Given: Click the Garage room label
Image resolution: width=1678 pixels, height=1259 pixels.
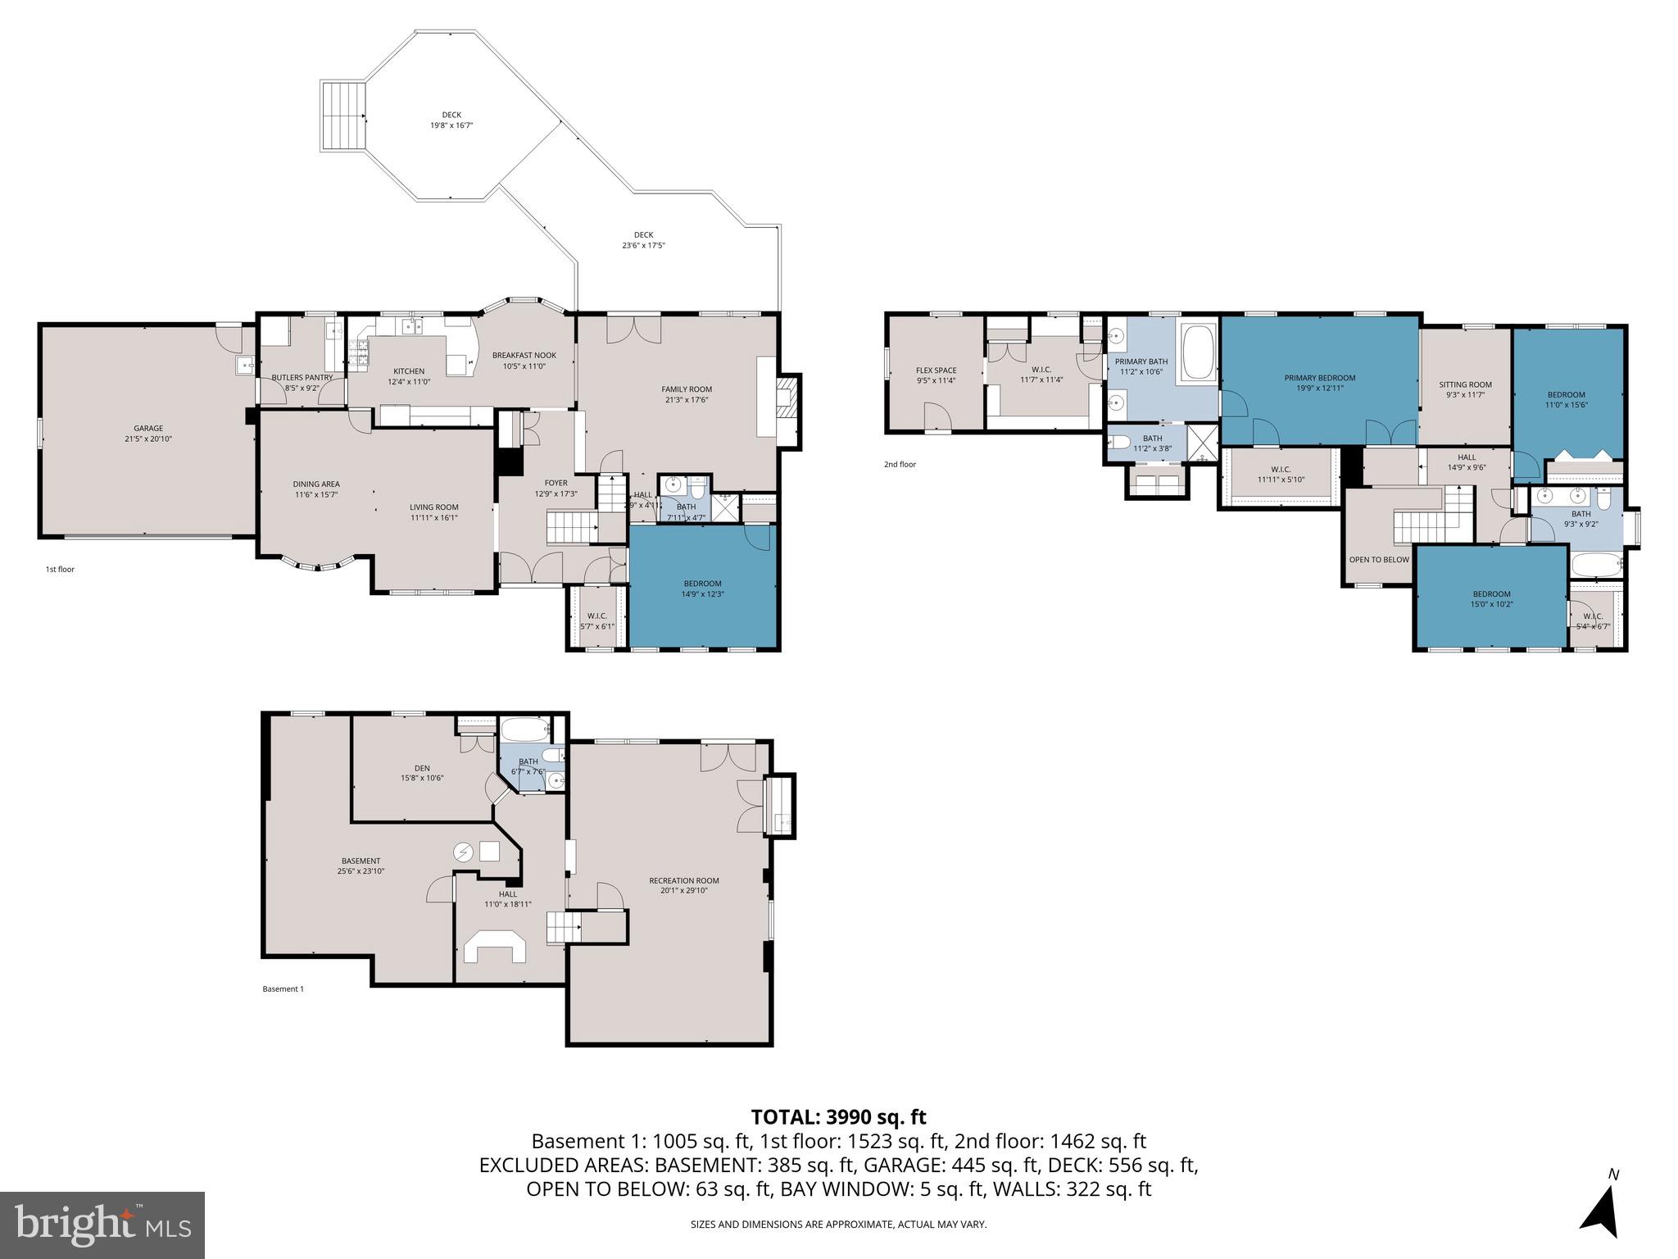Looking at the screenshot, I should point(148,428).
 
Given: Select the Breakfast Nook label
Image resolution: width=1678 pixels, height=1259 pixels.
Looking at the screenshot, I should point(524,355).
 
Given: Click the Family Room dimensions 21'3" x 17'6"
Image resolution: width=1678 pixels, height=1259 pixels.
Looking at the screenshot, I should point(687,400).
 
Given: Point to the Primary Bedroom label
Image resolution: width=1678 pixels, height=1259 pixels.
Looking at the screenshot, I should point(1319,378).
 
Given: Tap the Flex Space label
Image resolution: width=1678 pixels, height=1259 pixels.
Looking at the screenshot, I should point(936,370).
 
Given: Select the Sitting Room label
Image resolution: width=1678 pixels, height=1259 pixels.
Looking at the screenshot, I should point(1465,384).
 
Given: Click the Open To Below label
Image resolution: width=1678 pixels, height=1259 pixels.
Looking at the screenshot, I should point(1379,560).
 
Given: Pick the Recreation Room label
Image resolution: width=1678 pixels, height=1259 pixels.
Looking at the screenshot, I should point(683,880).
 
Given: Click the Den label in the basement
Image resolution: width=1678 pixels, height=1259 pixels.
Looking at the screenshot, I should point(422,768).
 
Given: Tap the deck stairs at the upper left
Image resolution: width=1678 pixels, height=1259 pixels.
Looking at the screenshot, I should point(342,116).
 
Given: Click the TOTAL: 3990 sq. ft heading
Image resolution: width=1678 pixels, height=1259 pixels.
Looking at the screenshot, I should point(838,1116).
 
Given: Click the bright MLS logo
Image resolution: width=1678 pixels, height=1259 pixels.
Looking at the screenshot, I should point(102,1225).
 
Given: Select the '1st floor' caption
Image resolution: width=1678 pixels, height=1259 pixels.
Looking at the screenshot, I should point(60,569).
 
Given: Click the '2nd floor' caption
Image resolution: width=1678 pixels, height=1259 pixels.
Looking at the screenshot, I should point(900,465).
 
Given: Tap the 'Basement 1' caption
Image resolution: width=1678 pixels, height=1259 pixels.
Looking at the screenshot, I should point(283,989).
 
